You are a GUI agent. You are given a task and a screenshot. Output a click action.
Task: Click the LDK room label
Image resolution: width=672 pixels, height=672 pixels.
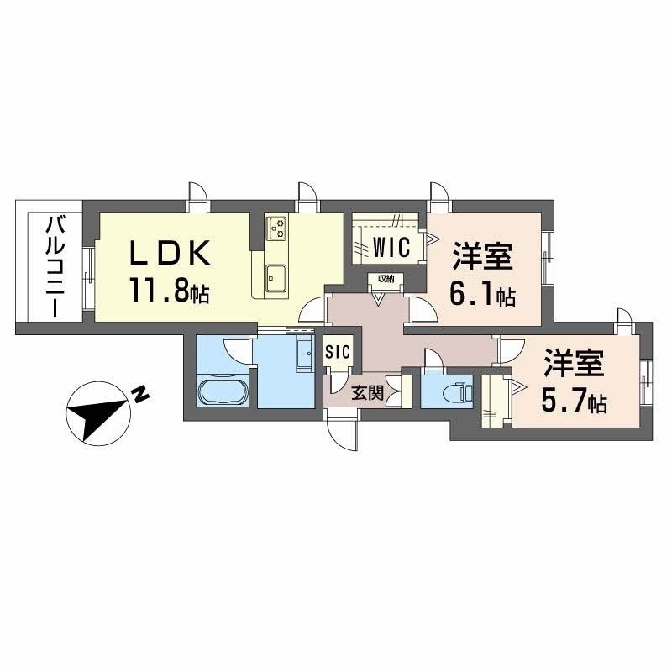tap(171, 253)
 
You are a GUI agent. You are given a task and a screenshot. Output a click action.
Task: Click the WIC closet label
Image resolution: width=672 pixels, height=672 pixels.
tap(391, 247)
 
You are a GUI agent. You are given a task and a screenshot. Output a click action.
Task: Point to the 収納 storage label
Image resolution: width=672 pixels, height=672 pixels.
tap(386, 279)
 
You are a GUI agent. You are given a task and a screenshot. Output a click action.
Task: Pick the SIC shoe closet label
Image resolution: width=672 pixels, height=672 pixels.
tap(338, 353)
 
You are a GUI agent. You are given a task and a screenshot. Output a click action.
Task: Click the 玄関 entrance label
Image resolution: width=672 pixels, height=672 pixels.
tap(367, 392)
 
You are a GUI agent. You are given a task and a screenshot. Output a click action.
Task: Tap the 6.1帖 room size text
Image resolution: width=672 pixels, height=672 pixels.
tap(482, 295)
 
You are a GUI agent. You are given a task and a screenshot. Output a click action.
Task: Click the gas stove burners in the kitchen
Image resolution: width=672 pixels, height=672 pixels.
tap(276, 228)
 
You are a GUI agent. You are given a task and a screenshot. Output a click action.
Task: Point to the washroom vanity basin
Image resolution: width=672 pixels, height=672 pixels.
tap(305, 354)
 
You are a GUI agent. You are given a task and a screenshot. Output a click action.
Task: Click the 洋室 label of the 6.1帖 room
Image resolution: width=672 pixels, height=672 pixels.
tap(482, 256)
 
